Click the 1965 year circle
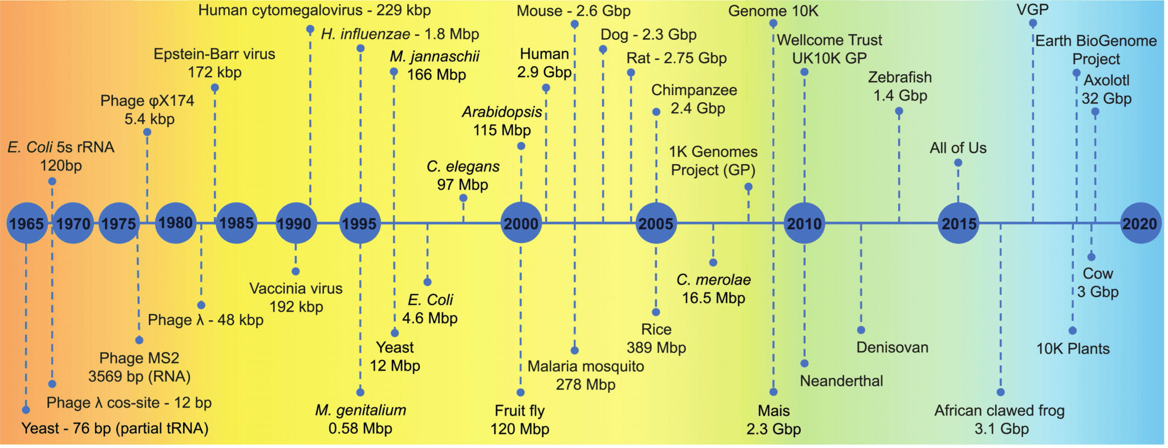pos(26,223)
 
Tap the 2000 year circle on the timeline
pos(521,223)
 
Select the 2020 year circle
pos(1140,223)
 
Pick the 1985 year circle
pos(236,223)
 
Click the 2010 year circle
pos(804,223)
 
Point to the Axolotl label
pos(1106,80)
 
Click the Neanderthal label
pos(841,381)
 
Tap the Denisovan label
pos(892,347)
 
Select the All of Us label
pos(958,148)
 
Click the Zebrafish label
pos(900,77)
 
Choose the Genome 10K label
pos(773,11)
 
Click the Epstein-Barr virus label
pos(214,54)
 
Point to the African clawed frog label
pos(999,410)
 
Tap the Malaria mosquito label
pos(586,366)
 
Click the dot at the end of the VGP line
pos(1033,23)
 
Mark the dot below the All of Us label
pos(958,163)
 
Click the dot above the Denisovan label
pos(861,330)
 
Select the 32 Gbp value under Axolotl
pos(1106,98)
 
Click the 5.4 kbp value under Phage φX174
pos(149,119)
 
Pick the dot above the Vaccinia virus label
pos(295,271)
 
